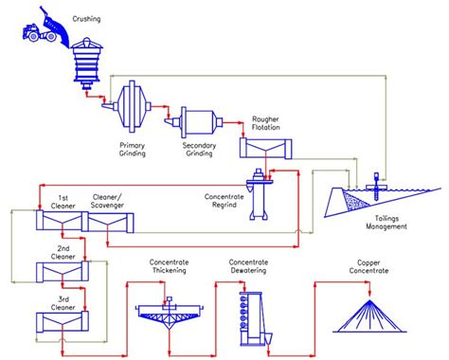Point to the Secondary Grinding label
(x=200, y=151)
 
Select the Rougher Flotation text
(x=264, y=124)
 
